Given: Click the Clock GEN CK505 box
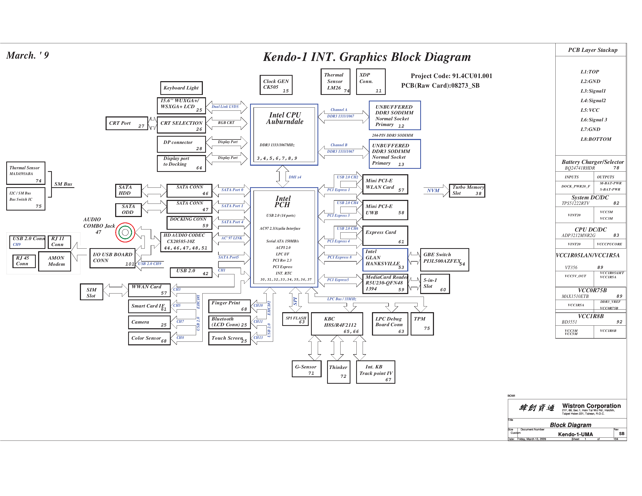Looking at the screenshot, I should pos(276,85).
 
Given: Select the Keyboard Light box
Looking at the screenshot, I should pos(181,88).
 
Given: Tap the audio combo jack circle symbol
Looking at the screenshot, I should pos(125,232).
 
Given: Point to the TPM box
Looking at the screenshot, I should pos(422,324).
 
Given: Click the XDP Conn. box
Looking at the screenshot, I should pos(370,81).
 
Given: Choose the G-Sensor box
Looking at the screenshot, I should pos(306,369).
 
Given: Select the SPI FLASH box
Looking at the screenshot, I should pos(295,319).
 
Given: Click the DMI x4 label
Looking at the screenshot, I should pos(295,177).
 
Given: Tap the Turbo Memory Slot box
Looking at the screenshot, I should pos(467,190).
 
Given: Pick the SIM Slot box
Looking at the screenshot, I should pos(91,292).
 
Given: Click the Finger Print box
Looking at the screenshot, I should pos(229,306).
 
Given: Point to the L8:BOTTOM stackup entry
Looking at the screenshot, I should pos(596,139).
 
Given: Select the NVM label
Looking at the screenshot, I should pos(433,190).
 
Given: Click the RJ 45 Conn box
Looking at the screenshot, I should pos(24,261).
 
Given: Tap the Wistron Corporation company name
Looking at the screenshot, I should pos(591,406).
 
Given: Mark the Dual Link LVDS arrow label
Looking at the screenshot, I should pos(225,107).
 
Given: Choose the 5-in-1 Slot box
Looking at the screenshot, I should pos(434,284).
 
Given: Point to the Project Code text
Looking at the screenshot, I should pos(451,76).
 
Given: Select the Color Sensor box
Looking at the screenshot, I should pos(149,338).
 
